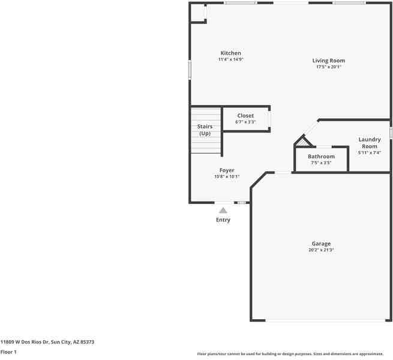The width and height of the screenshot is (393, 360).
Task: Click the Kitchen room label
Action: coord(230,53)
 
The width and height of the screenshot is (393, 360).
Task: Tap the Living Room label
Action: coord(328,61)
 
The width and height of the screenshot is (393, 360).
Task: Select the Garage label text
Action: coord(321,244)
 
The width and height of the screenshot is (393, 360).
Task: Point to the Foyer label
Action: coord(226,170)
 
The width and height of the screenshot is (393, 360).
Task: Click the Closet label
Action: coord(245,116)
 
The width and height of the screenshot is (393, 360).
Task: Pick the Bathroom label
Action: coord(321,157)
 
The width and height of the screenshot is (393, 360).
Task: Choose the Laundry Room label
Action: coord(369,143)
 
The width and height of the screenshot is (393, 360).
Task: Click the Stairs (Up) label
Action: coord(205,130)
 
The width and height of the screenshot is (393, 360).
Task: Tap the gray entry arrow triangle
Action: coord(223,210)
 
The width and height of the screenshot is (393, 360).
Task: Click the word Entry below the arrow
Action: coord(223,220)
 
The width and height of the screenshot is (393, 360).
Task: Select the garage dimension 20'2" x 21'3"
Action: coord(321,250)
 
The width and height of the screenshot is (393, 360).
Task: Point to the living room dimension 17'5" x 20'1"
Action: coord(328,67)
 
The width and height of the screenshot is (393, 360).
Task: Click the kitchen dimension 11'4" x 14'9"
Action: coord(230,59)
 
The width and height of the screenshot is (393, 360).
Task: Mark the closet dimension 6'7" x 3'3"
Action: coord(245,122)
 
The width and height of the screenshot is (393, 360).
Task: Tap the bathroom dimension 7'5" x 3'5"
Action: coord(321,163)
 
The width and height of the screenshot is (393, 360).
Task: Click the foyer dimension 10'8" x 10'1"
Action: coord(226,176)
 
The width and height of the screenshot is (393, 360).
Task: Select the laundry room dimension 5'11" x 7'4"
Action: coord(369,152)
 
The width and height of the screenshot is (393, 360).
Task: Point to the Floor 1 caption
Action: coord(8,352)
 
